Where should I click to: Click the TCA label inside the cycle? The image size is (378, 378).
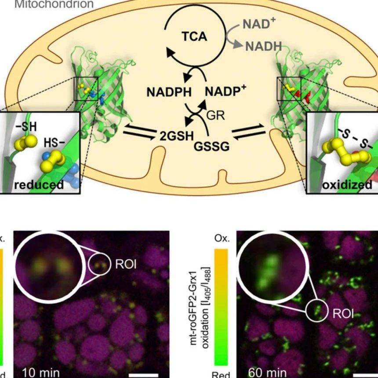tap(194, 37)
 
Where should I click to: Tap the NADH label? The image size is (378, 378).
tap(263, 45)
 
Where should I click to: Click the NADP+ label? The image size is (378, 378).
tap(225, 91)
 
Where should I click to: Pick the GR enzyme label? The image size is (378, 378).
tap(215, 116)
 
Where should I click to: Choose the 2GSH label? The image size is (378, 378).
tap(176, 135)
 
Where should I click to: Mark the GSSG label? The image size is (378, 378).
tap(211, 146)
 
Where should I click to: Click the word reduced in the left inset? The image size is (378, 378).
tap(39, 184)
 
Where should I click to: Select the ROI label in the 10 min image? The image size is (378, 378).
tap(126, 264)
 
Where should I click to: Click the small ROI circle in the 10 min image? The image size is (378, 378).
tap(100, 265)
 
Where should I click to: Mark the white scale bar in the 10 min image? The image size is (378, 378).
tap(143, 375)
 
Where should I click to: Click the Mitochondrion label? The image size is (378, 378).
tap(48, 4)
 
